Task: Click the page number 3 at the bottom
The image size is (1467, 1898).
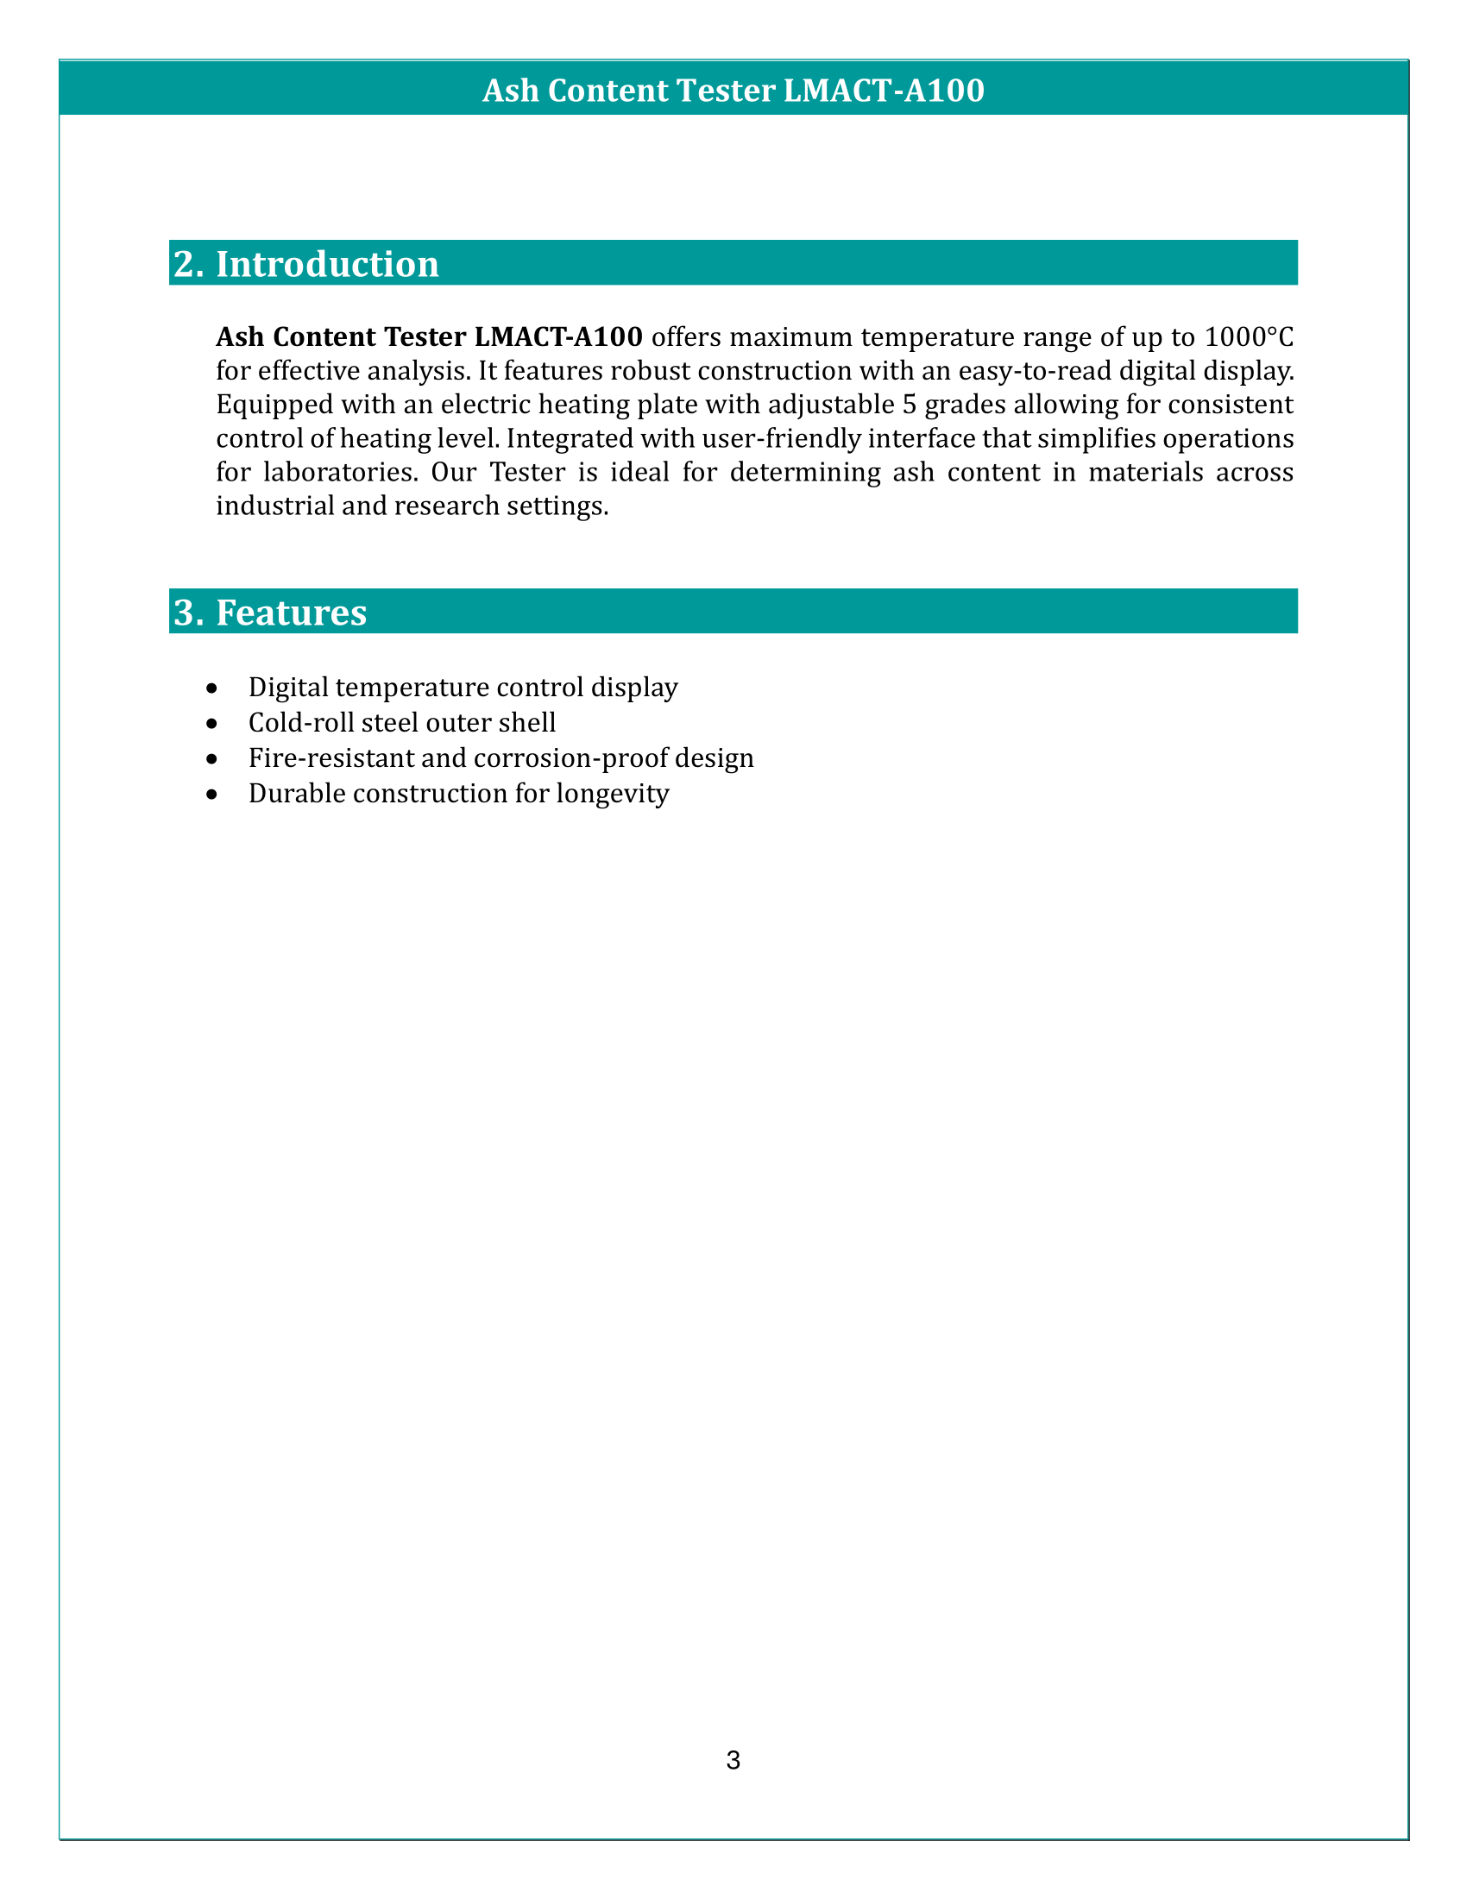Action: click(733, 1760)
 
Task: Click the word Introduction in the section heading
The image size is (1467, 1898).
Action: click(327, 264)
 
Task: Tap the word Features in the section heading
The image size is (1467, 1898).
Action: click(291, 613)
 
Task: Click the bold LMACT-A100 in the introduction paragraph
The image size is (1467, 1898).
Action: click(558, 336)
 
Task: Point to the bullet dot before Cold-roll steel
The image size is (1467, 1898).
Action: click(211, 723)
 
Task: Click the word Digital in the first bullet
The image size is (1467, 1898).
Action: click(287, 688)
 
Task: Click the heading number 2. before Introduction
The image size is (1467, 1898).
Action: click(189, 264)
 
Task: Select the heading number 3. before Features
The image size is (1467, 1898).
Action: click(189, 613)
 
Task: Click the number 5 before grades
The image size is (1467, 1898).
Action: click(909, 404)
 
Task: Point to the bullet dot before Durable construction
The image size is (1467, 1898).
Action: click(211, 794)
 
